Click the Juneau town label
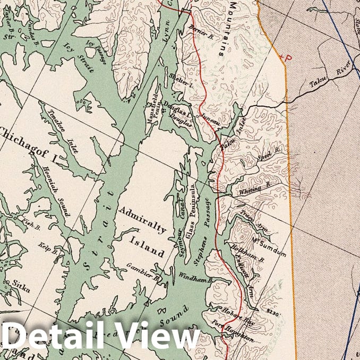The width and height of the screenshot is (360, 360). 210,121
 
